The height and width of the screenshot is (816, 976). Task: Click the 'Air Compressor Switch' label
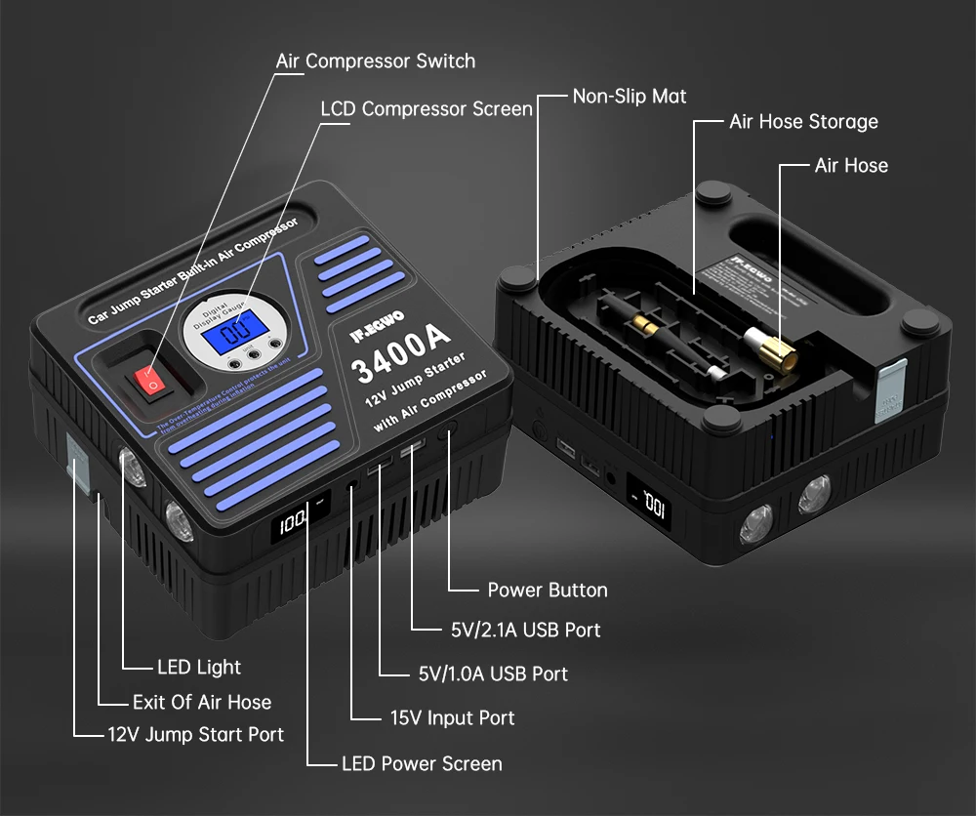pyautogui.click(x=375, y=61)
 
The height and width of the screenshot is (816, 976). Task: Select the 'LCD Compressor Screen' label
pyautogui.click(x=427, y=108)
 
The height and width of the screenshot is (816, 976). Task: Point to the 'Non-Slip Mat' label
pyautogui.click(x=629, y=96)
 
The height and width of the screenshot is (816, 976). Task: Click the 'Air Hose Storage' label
pyautogui.click(x=803, y=122)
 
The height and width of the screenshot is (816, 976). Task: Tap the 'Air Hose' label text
pyautogui.click(x=851, y=165)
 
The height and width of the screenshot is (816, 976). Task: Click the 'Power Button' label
pyautogui.click(x=547, y=590)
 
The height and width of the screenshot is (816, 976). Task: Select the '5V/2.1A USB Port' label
pyautogui.click(x=525, y=630)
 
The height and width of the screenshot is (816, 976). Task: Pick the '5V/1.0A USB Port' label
pyautogui.click(x=492, y=673)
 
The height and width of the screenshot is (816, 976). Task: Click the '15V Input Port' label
pyautogui.click(x=452, y=717)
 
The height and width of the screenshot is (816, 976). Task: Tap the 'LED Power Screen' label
pyautogui.click(x=422, y=763)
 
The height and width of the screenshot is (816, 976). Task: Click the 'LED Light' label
pyautogui.click(x=199, y=668)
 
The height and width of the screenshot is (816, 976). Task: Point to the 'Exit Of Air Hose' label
pyautogui.click(x=202, y=702)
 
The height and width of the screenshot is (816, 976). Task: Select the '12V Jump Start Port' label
pyautogui.click(x=195, y=734)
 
